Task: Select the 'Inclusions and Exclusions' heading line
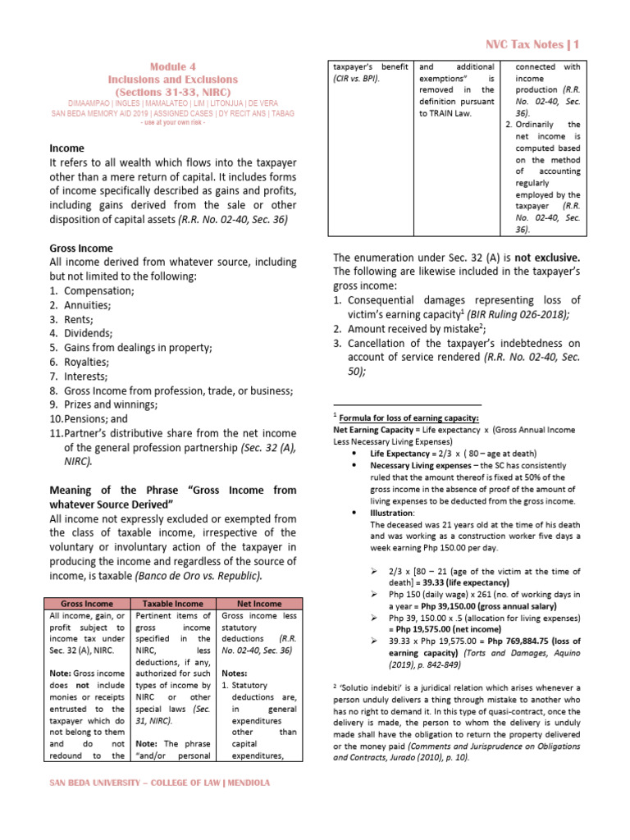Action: point(172,80)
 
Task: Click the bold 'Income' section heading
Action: point(67,148)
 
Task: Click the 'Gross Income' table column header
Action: point(89,604)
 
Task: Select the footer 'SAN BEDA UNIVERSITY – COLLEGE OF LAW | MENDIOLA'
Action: point(161,783)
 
